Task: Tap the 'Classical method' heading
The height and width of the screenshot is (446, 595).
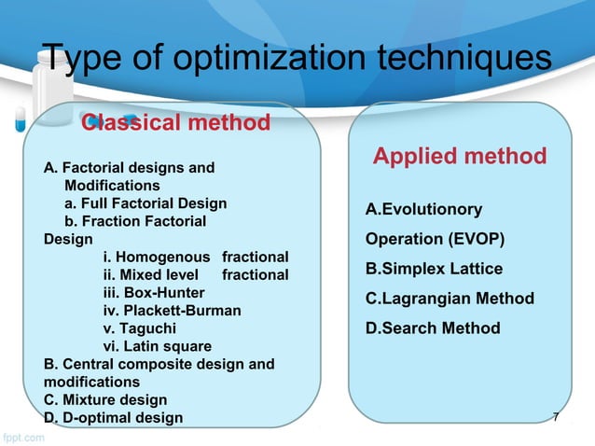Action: pyautogui.click(x=176, y=122)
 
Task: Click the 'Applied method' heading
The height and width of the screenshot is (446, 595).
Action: pyautogui.click(x=460, y=156)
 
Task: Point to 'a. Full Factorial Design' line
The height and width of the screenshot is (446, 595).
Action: pyautogui.click(x=145, y=202)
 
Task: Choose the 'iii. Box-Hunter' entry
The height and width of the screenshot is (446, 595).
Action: pyautogui.click(x=141, y=292)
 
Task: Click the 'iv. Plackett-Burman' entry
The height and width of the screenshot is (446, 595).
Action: pyautogui.click(x=172, y=310)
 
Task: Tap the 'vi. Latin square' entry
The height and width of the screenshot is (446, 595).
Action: pyautogui.click(x=157, y=346)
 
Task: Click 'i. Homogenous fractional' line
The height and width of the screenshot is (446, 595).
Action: pyautogui.click(x=196, y=257)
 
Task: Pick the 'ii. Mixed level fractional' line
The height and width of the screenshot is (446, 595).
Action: pyautogui.click(x=196, y=274)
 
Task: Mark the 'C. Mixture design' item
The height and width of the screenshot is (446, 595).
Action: pyautogui.click(x=105, y=399)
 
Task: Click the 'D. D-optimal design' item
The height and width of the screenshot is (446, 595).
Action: pyautogui.click(x=114, y=417)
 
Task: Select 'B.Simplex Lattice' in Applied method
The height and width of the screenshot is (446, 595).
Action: pyautogui.click(x=434, y=269)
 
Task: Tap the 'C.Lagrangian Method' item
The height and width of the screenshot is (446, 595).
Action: pyautogui.click(x=450, y=299)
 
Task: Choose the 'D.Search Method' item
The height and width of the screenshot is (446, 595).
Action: pyautogui.click(x=433, y=328)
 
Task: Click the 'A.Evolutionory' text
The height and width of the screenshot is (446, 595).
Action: pyautogui.click(x=423, y=209)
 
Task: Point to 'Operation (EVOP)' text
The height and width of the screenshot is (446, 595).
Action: pyautogui.click(x=435, y=239)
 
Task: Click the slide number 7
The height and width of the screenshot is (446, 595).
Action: pyautogui.click(x=556, y=417)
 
